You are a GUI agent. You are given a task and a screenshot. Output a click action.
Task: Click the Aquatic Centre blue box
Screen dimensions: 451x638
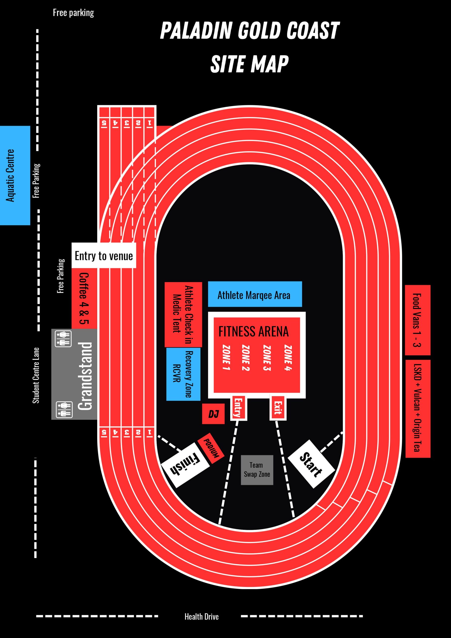15,175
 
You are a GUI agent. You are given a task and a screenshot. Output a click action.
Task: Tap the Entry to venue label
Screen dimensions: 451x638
104,255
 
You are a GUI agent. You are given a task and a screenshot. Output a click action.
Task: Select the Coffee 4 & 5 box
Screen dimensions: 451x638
84,298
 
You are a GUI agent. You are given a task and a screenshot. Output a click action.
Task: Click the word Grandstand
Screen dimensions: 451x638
85,376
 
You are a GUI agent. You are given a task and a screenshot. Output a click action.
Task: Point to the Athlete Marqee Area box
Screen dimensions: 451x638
255,294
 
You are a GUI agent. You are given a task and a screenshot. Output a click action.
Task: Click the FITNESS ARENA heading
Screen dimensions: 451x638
253,331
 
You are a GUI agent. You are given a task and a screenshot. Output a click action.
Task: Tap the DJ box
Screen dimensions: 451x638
213,414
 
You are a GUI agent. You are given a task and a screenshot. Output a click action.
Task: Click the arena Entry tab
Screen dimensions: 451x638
238,407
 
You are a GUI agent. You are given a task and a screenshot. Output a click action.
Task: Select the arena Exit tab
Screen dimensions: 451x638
278,407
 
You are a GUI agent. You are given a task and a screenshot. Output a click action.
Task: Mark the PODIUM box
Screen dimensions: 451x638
211,449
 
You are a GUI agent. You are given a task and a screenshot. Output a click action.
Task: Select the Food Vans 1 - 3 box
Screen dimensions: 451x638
418,320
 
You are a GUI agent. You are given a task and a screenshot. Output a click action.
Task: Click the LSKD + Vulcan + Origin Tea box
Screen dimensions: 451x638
418,409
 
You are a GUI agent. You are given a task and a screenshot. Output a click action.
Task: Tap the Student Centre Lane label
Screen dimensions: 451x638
36,375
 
